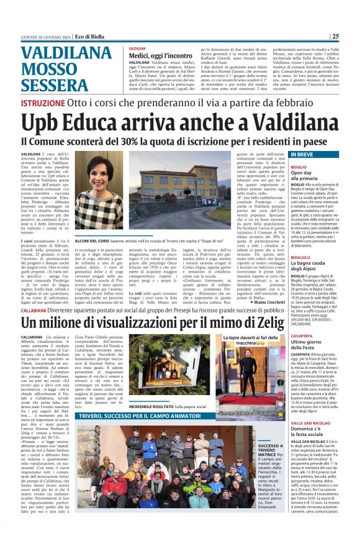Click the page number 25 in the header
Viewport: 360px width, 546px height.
click(x=353, y=36)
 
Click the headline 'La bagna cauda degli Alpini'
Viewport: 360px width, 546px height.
click(x=294, y=268)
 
